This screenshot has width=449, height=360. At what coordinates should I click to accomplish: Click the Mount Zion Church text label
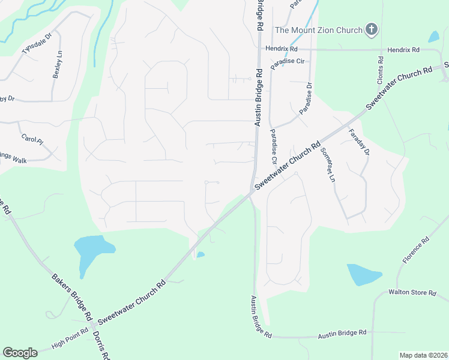click(x=319, y=30)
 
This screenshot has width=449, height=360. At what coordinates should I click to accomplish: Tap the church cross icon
click(x=372, y=29)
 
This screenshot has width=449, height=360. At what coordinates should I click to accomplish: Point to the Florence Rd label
click(x=417, y=251)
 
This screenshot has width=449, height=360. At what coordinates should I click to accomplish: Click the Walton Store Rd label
click(x=412, y=293)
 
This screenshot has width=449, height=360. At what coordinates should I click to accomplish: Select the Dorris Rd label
click(x=100, y=345)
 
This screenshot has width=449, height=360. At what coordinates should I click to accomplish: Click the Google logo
click(x=20, y=353)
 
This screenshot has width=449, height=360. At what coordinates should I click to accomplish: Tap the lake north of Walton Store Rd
click(x=362, y=274)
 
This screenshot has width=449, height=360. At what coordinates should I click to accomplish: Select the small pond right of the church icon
click(x=433, y=37)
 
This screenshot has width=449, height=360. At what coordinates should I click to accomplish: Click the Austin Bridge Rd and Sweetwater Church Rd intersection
click(x=253, y=191)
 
